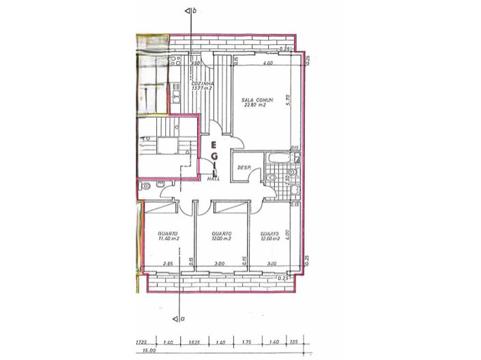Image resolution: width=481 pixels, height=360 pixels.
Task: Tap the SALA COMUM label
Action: pos(258,100)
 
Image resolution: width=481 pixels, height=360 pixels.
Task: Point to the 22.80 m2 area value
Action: pos(257,106)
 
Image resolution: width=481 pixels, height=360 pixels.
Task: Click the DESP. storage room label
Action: pos(242,168)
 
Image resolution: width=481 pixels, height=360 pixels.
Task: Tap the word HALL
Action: pos(213,179)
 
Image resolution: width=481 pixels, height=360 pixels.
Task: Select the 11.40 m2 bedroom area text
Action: pos(166,239)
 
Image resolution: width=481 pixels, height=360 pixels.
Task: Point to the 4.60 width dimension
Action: pos(269,63)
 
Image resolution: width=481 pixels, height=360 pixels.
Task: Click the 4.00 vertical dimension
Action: pos(289,235)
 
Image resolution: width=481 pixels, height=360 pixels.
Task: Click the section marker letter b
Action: pos(195,11)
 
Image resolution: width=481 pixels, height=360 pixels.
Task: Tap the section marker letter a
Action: pos(181,318)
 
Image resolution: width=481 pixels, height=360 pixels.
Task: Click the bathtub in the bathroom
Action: pos(281,159)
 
